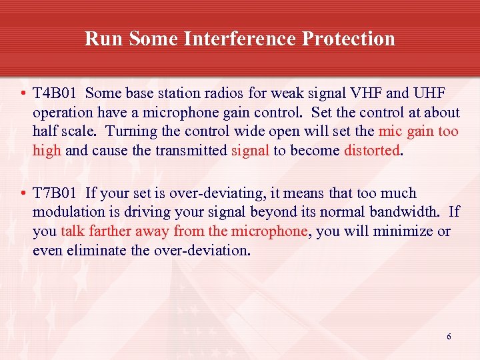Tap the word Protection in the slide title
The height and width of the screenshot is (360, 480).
[x=348, y=39]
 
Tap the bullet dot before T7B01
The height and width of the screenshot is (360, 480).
[x=23, y=195]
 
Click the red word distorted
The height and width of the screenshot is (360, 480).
[x=372, y=151]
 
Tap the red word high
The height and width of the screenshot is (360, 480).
[x=47, y=151]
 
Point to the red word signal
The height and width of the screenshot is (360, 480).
[x=250, y=151]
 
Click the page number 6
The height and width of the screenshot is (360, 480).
[x=449, y=337]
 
